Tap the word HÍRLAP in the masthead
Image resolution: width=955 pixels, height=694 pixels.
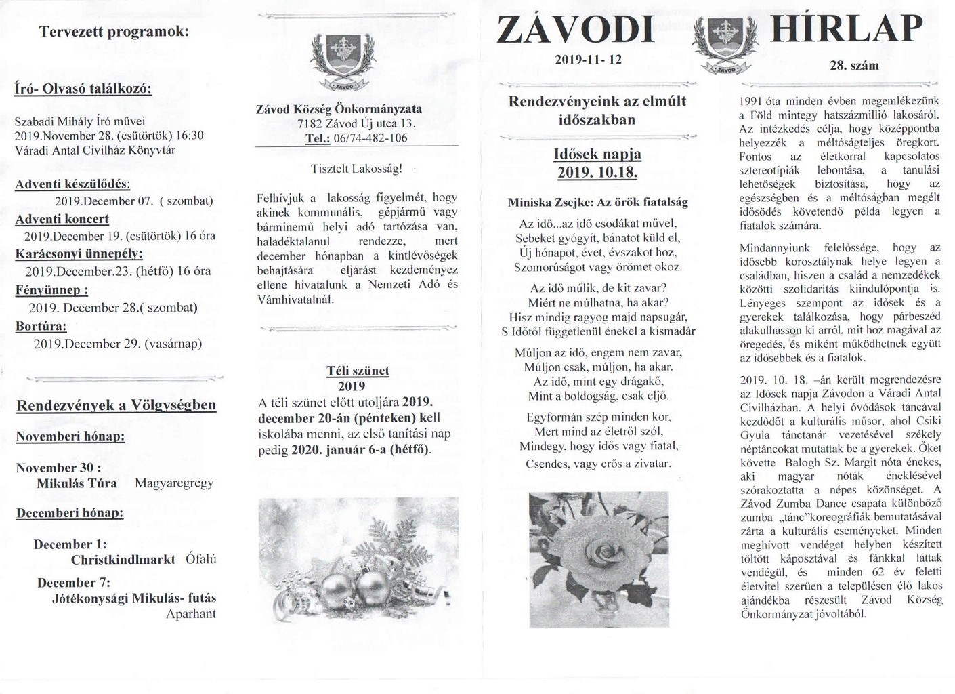[846, 29]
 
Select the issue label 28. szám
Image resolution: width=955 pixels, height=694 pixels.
[853, 66]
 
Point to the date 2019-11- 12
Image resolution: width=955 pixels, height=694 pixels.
[587, 60]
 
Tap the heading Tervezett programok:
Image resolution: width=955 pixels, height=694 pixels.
[114, 32]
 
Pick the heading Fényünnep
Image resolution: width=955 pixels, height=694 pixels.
[51, 290]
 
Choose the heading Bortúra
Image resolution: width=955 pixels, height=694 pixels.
[41, 326]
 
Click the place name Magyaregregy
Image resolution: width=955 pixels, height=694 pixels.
[174, 483]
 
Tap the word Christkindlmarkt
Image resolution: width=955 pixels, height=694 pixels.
[123, 560]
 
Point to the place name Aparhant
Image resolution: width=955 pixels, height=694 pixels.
[191, 614]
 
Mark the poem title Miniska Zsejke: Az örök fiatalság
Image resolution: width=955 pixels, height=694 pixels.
[597, 202]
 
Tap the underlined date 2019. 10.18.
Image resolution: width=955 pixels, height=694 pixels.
[597, 173]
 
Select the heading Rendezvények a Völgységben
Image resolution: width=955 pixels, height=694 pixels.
[116, 405]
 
